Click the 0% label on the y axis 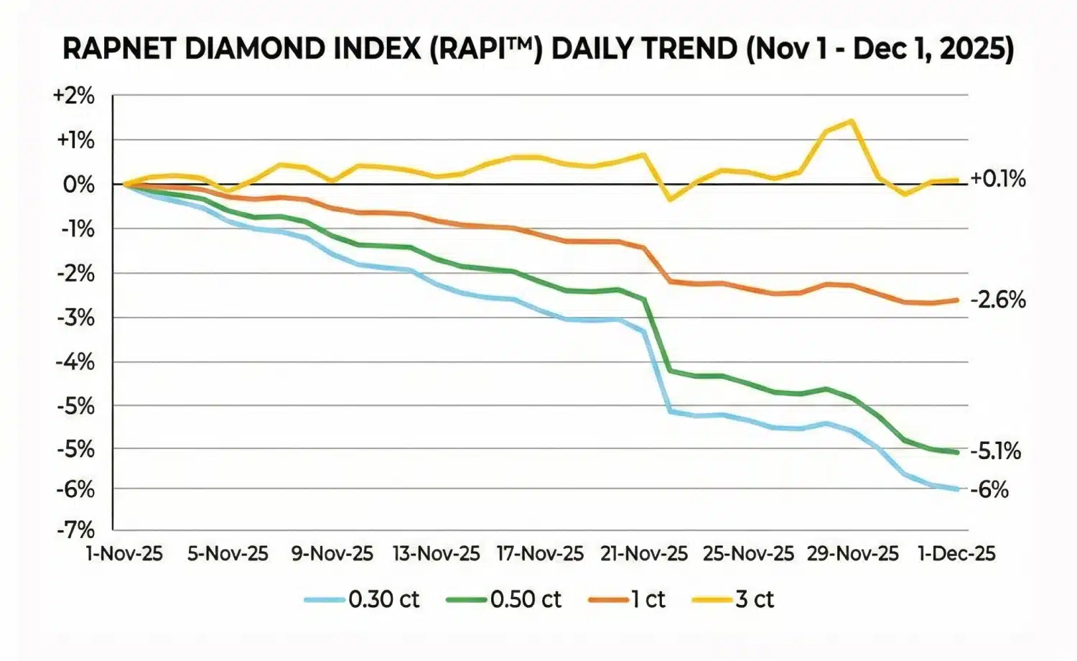coord(78,185)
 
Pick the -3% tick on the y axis coord(75,317)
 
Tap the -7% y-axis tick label coord(75,530)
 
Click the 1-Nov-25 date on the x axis coord(124,554)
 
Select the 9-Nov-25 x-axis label coord(332,554)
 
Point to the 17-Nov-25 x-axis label coord(540,554)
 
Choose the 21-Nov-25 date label coord(644,554)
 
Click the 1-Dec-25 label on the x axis coord(957,554)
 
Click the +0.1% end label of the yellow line coord(997,179)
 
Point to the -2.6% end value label coord(997,300)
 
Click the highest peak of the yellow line coord(852,121)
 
